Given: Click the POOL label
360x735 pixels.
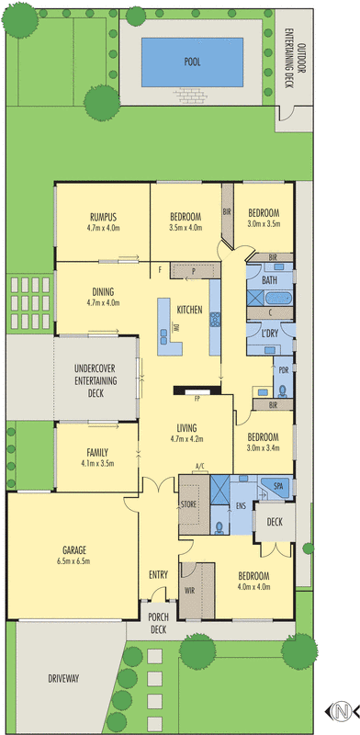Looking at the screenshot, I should tap(193, 62).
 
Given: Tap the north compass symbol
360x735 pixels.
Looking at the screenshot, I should tap(341, 710).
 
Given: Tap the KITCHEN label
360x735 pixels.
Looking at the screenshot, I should tap(189, 310).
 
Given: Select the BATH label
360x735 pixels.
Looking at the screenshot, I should tap(269, 279).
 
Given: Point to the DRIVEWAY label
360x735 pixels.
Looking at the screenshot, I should tap(62, 680).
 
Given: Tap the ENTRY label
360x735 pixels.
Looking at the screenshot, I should tap(158, 575).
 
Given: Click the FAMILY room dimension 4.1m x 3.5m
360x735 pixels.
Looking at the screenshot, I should tap(96, 464).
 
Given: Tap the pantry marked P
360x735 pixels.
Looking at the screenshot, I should tap(194, 272).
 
